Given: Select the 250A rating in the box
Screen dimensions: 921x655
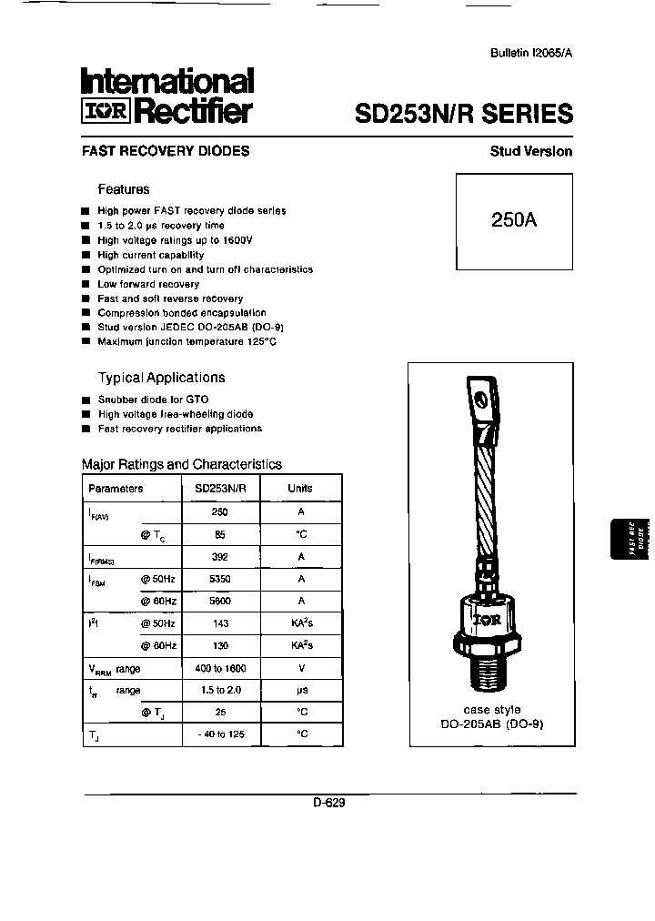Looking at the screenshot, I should [x=514, y=220].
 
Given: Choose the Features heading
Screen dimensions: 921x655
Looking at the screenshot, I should [x=124, y=189].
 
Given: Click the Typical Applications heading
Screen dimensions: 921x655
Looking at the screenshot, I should [x=161, y=378].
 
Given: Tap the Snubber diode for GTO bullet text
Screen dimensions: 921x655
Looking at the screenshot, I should [x=153, y=400].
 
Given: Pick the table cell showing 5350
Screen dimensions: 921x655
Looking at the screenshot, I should [x=219, y=579].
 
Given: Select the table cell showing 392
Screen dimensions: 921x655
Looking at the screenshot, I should [x=219, y=557].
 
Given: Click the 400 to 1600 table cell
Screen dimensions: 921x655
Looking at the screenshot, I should [x=220, y=668].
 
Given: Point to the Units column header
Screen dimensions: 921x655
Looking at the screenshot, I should [x=300, y=489].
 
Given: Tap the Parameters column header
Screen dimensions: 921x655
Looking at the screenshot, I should [x=116, y=489].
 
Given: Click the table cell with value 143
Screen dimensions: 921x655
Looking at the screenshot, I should [x=219, y=623].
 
